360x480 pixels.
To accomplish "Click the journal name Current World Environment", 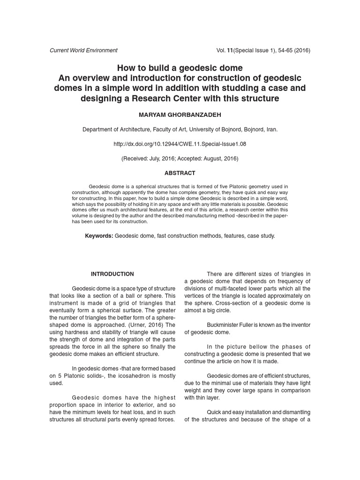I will tap(83, 50).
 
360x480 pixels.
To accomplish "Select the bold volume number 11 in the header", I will tap(230, 50).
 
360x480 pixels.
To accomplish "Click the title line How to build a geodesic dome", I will tap(180, 67).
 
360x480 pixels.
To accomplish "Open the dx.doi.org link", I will tap(180, 144).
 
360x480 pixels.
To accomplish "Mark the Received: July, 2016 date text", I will tap(150, 158).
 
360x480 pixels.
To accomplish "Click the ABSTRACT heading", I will tap(180, 173).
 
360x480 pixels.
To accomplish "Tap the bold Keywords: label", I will tap(99, 236).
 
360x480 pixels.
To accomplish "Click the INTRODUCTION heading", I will tap(112, 274).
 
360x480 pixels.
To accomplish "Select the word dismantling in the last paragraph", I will tap(291, 412).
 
